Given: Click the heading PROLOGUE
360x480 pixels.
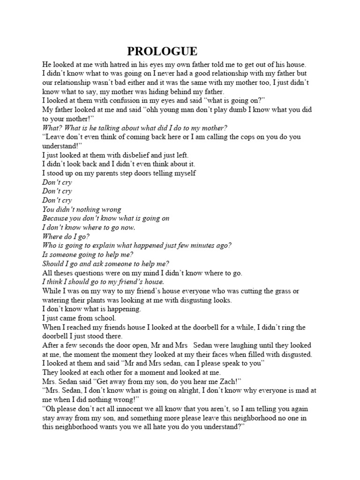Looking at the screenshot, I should coord(162,52).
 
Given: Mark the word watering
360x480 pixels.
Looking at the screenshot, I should coord(57,300).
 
